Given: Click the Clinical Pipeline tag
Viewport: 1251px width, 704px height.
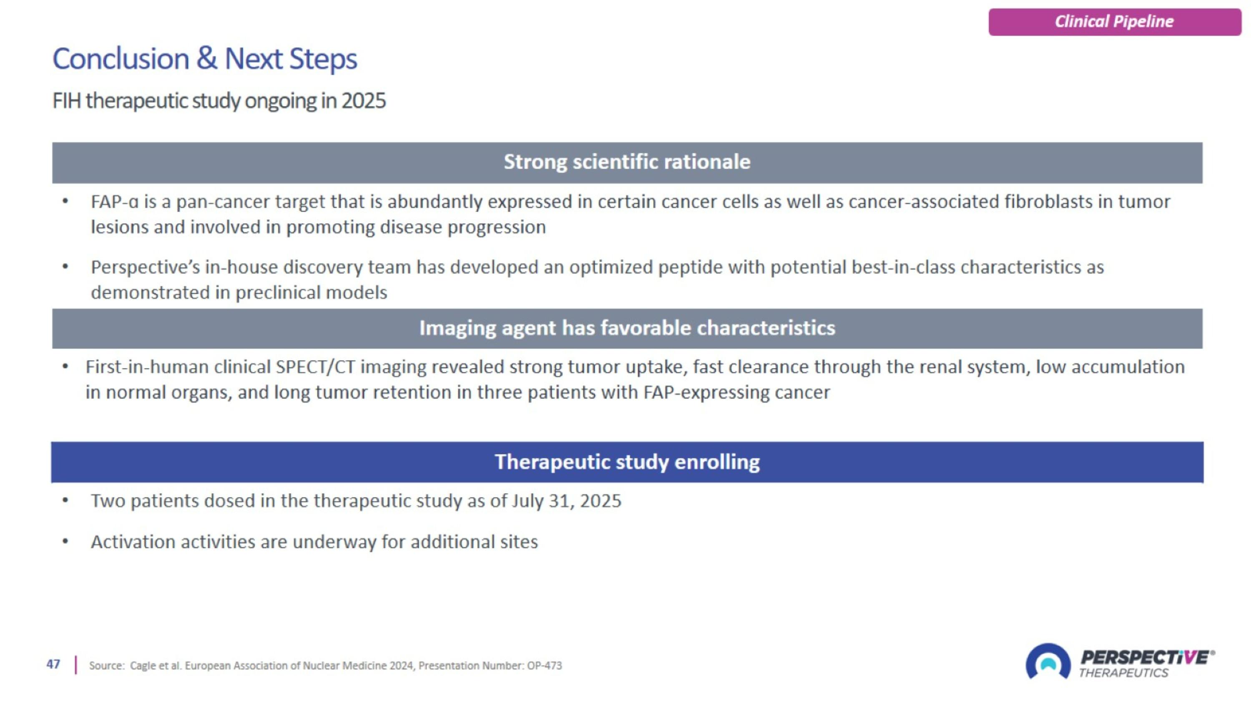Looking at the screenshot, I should tap(1114, 22).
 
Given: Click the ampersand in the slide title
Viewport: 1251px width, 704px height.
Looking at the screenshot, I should tap(206, 59).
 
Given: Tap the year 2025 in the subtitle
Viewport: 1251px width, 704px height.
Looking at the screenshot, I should tap(363, 101).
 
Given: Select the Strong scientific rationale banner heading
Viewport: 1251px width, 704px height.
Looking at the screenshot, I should tap(626, 162).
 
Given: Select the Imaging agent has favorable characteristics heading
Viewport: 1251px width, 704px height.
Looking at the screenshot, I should tap(626, 328).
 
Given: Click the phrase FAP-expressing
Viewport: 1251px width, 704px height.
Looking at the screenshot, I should tap(706, 393).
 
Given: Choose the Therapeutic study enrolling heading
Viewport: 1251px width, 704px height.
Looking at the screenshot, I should tap(626, 462).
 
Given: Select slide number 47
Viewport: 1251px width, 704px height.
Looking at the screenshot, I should tap(53, 664).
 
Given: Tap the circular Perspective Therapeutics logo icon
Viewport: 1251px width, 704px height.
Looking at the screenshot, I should tap(1048, 662).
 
